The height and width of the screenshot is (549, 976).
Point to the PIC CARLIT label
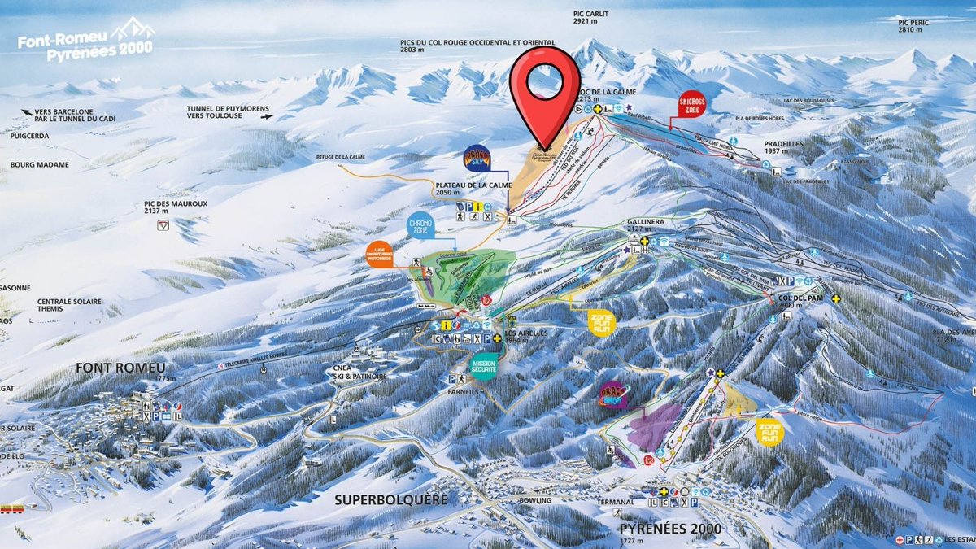click(x=590, y=18)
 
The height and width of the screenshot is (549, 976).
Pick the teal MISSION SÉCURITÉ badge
click(x=484, y=365)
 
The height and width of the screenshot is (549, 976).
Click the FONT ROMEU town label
click(x=120, y=368)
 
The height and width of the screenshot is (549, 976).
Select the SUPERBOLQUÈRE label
click(x=391, y=499)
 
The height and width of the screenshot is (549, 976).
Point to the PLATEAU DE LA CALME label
click(x=473, y=186)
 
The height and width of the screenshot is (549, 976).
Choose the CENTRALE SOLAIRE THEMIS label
click(x=70, y=307)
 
